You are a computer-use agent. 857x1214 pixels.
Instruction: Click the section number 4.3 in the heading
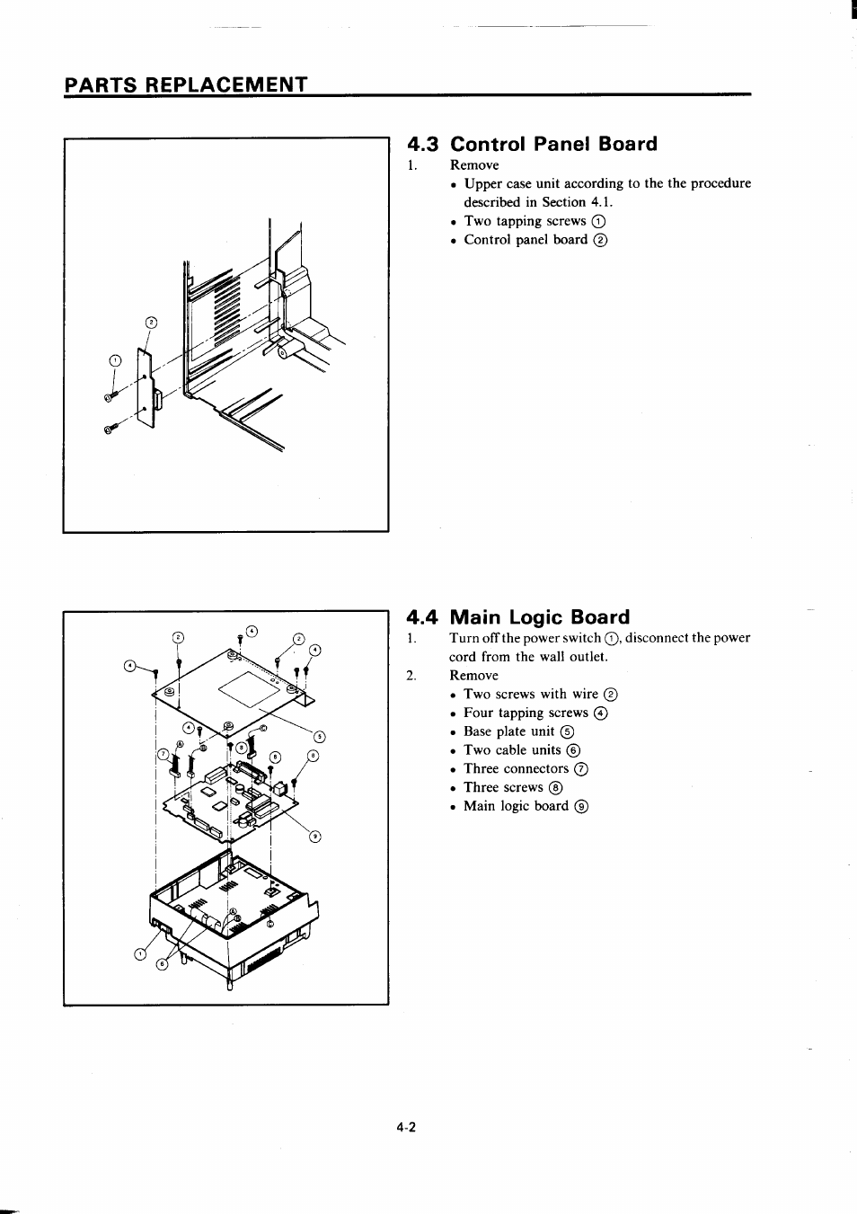point(424,145)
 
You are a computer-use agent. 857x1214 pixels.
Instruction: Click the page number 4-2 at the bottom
point(405,1128)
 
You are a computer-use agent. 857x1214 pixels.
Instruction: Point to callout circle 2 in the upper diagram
point(151,323)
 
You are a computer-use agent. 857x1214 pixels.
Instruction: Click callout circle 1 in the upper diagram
point(113,361)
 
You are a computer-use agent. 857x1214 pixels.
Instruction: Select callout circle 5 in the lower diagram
point(319,738)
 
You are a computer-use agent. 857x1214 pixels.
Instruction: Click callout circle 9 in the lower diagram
point(314,837)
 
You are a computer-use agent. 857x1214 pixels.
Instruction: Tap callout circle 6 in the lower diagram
point(162,964)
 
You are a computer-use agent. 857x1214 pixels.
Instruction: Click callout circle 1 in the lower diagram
point(139,953)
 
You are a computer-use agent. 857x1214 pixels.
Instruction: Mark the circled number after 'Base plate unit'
point(567,732)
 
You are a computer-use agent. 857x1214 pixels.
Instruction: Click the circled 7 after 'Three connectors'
point(581,769)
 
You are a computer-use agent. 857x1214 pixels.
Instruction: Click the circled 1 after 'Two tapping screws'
point(598,222)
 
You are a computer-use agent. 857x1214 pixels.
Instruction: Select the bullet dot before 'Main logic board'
point(455,807)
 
